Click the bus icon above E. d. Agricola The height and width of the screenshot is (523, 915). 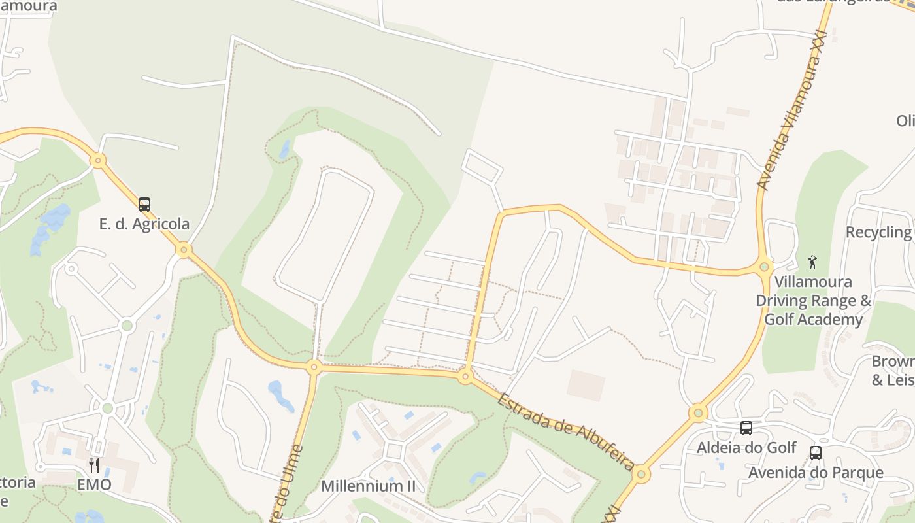tap(144, 204)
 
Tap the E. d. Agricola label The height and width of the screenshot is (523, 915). tap(144, 224)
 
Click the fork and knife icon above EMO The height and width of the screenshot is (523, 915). tap(94, 465)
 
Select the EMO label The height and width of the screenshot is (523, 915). tap(94, 484)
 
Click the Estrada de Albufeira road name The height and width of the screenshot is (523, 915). tap(565, 431)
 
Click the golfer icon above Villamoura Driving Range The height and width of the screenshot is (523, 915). tap(812, 262)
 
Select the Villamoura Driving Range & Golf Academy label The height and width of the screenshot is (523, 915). tap(813, 301)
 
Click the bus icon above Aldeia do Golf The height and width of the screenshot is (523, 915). tap(746, 428)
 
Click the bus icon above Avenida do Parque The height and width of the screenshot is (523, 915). tap(815, 452)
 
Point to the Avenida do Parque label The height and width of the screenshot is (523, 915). tap(816, 472)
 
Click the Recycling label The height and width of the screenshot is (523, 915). tap(879, 232)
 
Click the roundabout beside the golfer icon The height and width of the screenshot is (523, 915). tap(764, 267)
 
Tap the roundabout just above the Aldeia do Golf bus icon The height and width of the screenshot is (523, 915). tap(698, 413)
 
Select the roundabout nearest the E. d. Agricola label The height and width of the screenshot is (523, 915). tap(184, 249)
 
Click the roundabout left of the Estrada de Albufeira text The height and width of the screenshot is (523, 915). tap(465, 376)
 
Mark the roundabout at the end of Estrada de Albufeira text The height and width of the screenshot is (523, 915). tap(640, 474)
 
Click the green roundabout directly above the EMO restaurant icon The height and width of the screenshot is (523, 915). tap(108, 409)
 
